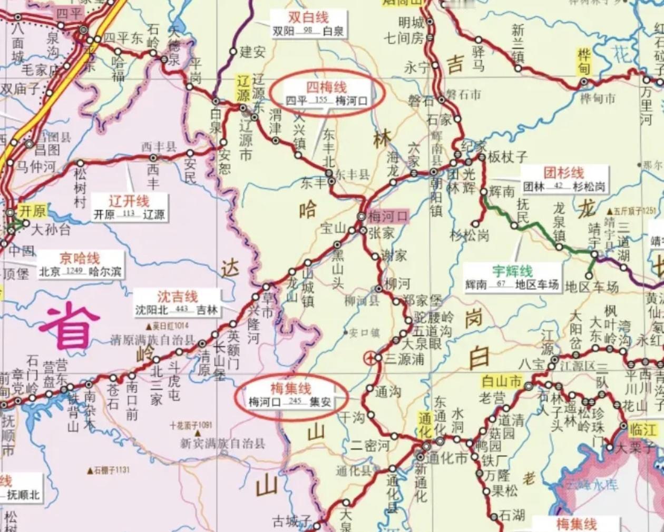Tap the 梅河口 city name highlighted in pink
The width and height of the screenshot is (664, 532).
[x=388, y=216]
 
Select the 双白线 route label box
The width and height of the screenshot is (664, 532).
[x=308, y=24]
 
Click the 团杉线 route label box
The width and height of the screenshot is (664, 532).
[x=564, y=179]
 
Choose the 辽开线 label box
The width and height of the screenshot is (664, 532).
[x=130, y=207]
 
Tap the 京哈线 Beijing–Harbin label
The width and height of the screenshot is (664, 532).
[x=80, y=265]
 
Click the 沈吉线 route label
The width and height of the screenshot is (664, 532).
[x=177, y=303]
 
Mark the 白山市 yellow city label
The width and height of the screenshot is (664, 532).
[x=501, y=381]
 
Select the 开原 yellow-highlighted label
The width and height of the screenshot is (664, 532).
[x=32, y=211]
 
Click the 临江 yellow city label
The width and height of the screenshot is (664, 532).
[x=643, y=430]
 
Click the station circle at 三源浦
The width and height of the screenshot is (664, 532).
[x=370, y=359]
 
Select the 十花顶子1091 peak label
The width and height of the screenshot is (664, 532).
[x=191, y=425]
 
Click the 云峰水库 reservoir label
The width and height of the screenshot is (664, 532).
[x=591, y=485]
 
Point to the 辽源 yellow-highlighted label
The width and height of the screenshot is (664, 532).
[x=242, y=88]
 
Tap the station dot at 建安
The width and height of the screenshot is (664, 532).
[x=233, y=52]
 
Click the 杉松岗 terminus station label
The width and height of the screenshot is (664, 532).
[x=470, y=235]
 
